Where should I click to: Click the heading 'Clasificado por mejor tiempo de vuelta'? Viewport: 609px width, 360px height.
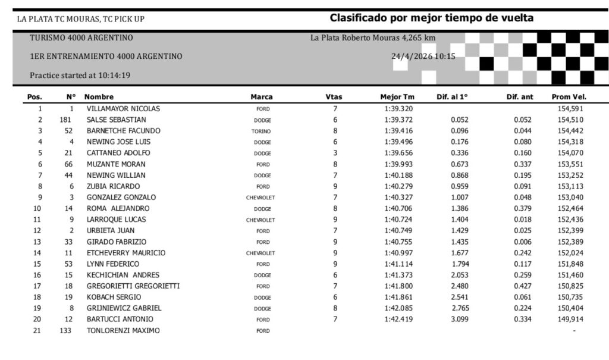[x=431, y=18]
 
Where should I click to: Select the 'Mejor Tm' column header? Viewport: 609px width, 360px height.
[x=397, y=97]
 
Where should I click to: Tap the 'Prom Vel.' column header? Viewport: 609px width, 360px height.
[x=569, y=97]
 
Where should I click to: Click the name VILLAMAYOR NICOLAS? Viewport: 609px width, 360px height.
[x=123, y=109]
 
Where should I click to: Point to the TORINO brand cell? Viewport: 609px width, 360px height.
[x=262, y=131]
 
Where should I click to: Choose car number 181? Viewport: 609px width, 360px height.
[x=66, y=120]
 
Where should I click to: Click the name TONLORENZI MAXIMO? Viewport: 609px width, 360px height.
[x=123, y=331]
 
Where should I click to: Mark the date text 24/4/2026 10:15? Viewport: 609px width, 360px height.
[x=423, y=57]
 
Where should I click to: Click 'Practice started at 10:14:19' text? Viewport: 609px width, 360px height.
[x=80, y=76]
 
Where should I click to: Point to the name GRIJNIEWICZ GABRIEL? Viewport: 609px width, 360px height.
[x=124, y=308]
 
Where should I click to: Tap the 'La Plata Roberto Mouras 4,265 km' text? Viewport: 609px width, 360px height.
[x=372, y=38]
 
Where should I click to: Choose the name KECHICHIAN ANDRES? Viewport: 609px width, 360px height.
[x=123, y=276]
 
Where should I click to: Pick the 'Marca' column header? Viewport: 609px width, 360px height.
[x=262, y=97]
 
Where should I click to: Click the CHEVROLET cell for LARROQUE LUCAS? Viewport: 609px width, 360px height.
[x=260, y=220]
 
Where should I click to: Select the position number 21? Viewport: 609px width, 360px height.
[x=39, y=331]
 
